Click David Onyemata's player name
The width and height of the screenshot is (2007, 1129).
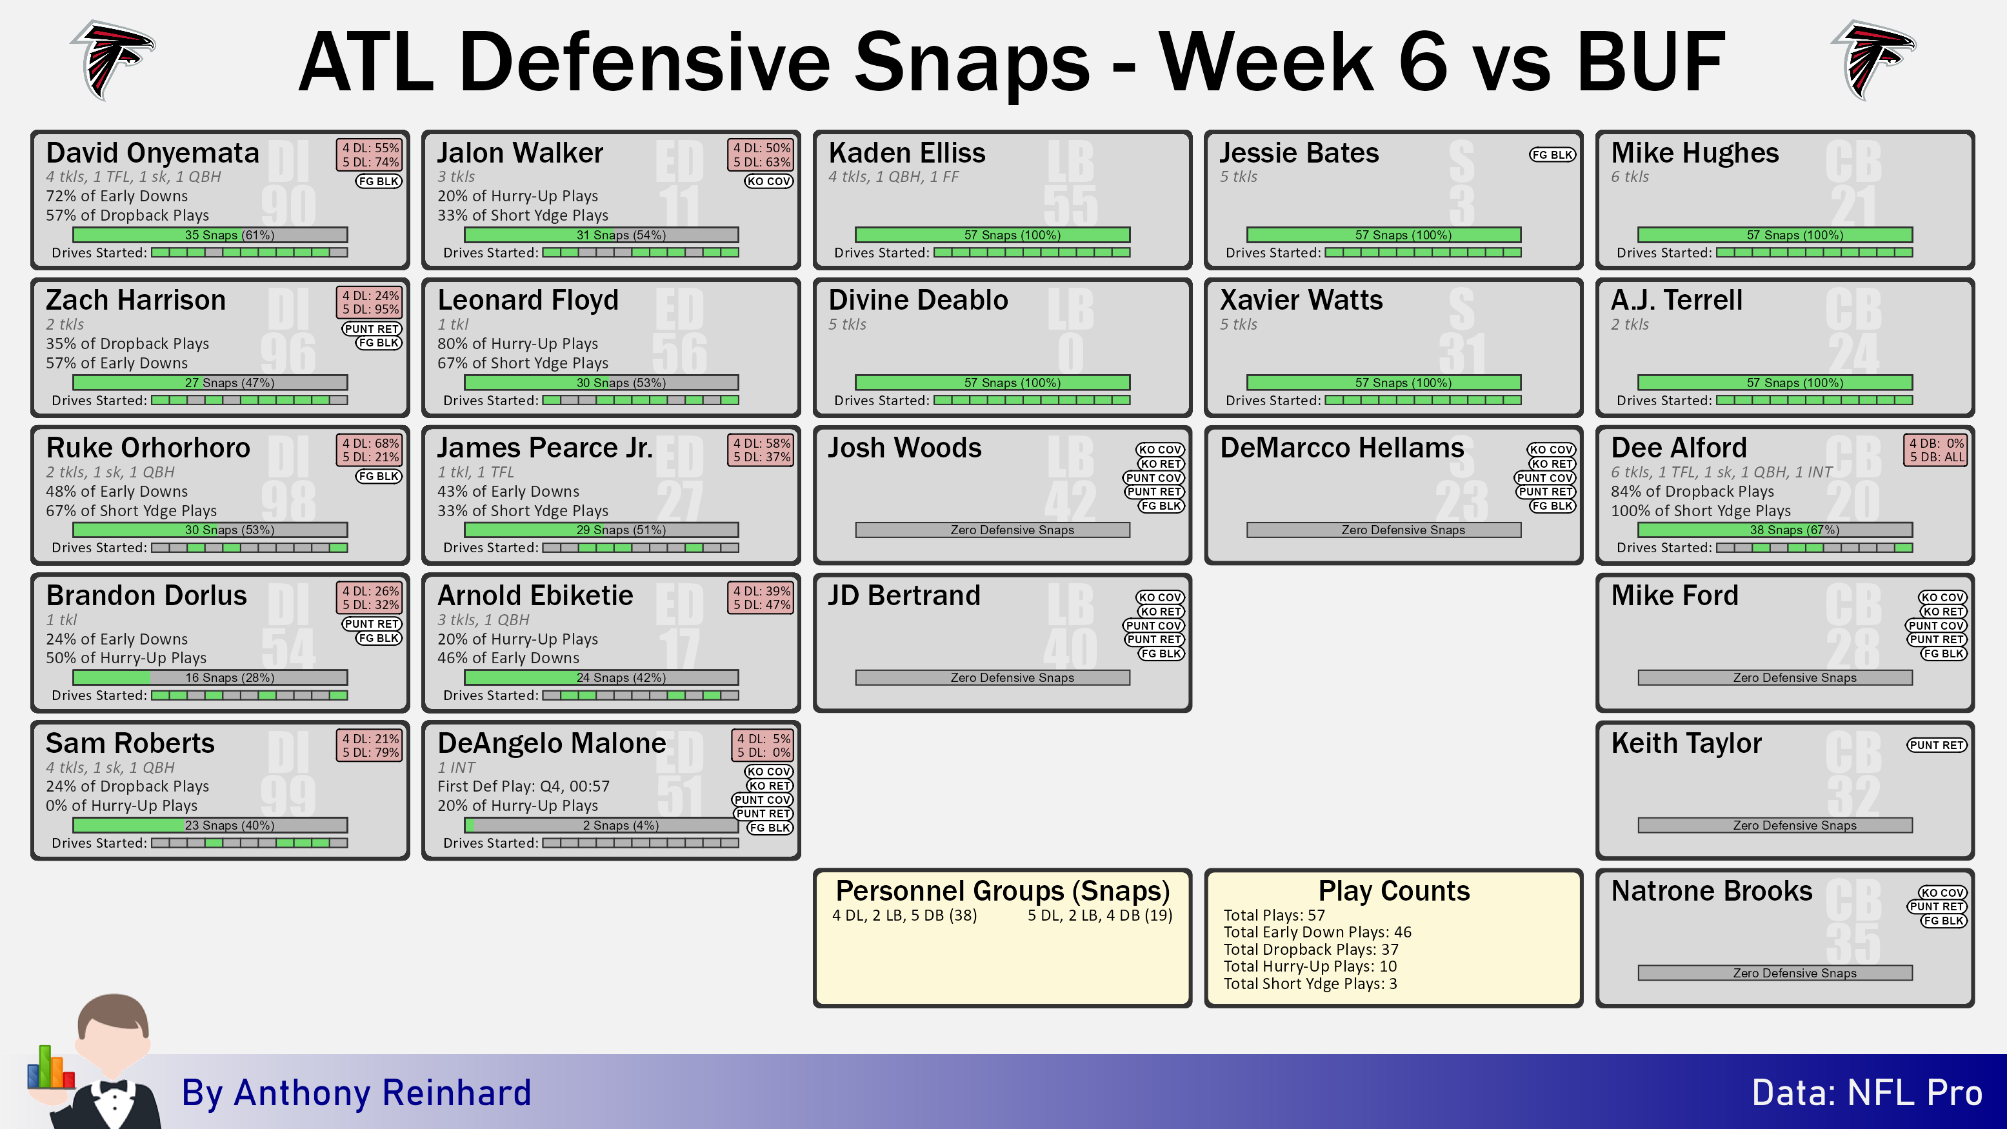pos(153,153)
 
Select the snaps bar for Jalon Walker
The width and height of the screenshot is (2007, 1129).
pos(601,235)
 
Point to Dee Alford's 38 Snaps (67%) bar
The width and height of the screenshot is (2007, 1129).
pos(1775,530)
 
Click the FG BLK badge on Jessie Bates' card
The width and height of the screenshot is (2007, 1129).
pos(1552,154)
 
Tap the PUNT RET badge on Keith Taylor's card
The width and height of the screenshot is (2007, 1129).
pos(1937,745)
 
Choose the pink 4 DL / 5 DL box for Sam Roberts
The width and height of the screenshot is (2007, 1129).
pos(371,745)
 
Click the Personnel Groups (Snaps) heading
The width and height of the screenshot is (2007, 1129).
pos(1003,890)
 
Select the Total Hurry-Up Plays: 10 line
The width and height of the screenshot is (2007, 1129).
pos(1310,966)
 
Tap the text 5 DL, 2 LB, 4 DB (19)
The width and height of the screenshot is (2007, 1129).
pos(1100,915)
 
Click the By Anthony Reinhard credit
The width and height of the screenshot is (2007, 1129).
pos(356,1092)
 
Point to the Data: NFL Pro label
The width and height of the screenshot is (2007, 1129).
pos(1867,1092)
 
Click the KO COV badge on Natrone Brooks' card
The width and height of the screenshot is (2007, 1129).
pos(1942,893)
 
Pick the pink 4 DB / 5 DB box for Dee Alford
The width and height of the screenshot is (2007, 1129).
pos(1936,450)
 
